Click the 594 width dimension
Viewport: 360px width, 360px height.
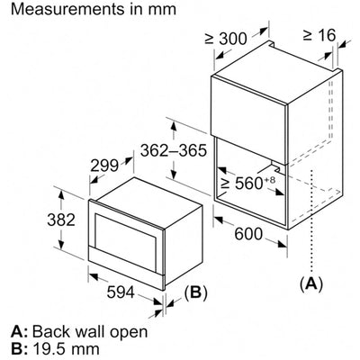coord(121,292)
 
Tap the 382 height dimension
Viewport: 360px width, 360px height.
coord(61,220)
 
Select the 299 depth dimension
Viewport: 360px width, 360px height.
coord(104,166)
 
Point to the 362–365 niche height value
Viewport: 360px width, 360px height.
coord(174,150)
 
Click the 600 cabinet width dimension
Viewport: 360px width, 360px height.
coord(248,234)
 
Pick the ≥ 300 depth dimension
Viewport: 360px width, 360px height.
coord(226,39)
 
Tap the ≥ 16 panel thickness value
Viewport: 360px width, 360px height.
coord(319,35)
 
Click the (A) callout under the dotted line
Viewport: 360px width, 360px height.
coord(312,283)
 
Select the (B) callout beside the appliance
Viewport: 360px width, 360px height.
coord(195,292)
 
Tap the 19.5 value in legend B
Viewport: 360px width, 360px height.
coord(48,349)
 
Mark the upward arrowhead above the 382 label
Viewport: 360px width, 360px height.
coord(61,196)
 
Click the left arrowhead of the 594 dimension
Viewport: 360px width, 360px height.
coord(94,276)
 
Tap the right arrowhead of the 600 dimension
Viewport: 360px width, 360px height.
coord(283,244)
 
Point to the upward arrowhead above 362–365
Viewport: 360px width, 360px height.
coord(173,127)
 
